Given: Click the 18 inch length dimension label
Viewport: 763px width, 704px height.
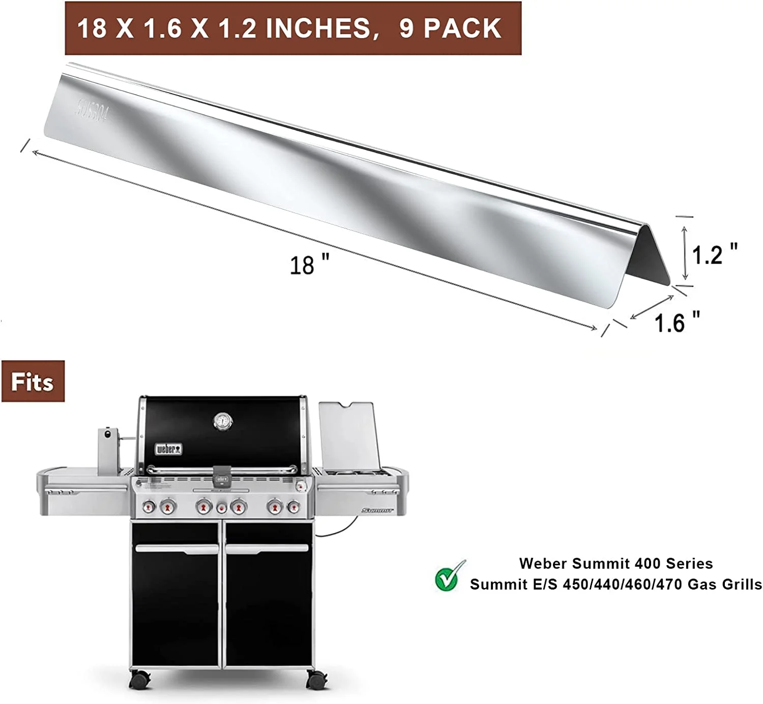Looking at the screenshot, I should [309, 265].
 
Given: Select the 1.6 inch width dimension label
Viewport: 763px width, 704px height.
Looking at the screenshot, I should [677, 322].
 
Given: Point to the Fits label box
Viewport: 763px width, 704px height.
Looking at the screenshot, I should [33, 382].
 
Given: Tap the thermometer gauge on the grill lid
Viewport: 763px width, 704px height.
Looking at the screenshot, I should [222, 421].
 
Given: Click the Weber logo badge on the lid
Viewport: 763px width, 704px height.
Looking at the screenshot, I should [168, 449].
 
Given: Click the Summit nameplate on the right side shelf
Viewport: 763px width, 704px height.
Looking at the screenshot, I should [377, 510].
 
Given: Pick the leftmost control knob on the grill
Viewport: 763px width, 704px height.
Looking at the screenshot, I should [149, 507].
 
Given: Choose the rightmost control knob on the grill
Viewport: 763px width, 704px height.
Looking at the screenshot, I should [294, 507].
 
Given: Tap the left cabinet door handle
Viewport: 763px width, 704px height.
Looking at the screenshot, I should [177, 548].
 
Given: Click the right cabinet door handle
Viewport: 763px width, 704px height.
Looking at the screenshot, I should [267, 548].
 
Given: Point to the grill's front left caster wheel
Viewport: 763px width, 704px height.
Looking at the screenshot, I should [140, 678].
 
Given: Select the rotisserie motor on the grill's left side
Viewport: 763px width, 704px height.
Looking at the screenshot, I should [108, 448].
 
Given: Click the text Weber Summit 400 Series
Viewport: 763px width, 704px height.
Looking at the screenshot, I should [615, 564].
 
